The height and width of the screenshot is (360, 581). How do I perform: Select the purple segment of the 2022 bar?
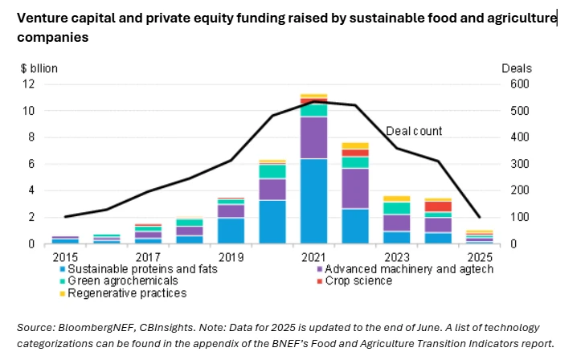click(354, 188)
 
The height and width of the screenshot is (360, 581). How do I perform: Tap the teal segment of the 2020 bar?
click(272, 171)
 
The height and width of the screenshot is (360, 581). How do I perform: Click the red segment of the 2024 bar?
click(438, 207)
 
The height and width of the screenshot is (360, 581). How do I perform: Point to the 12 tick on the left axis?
click(28, 84)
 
